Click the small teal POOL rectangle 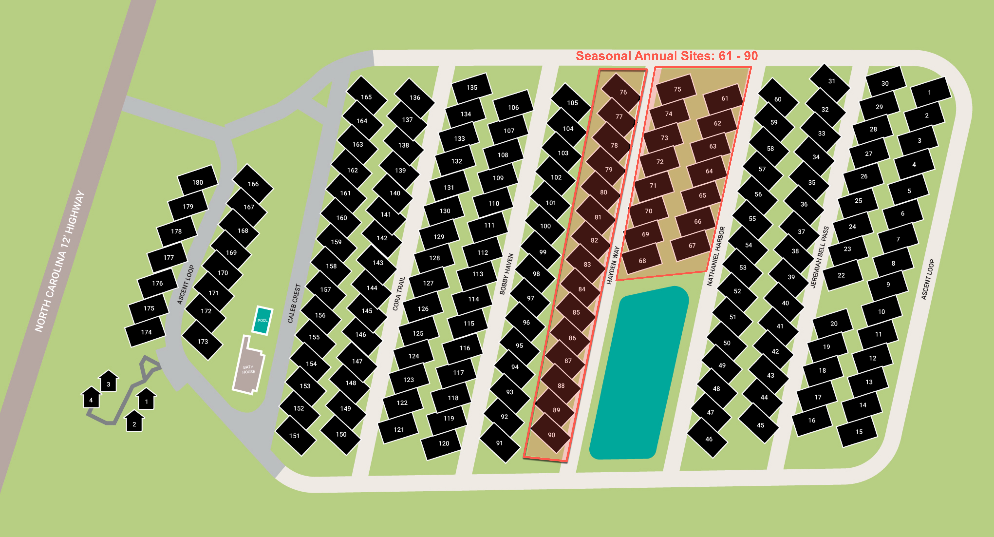tap(262, 320)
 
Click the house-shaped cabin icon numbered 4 tap(91, 398)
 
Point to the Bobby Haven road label tap(506, 274)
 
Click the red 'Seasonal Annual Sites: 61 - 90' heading tap(666, 56)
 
